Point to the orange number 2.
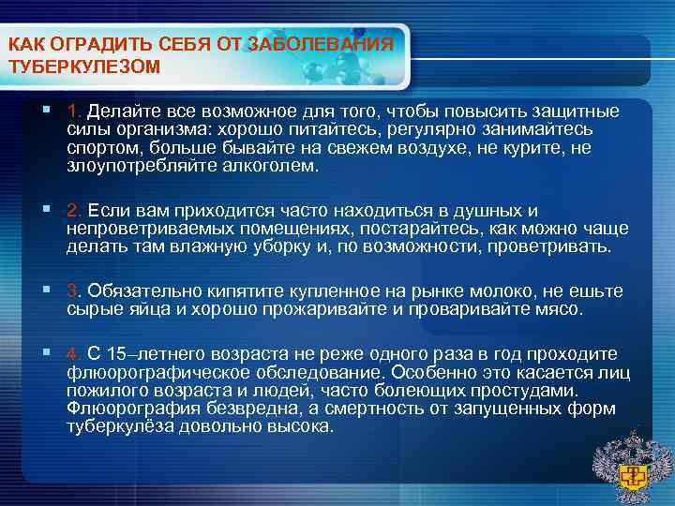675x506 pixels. pyautogui.click(x=74, y=211)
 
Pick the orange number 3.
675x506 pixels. pyautogui.click(x=74, y=290)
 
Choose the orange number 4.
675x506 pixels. pyautogui.click(x=74, y=352)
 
